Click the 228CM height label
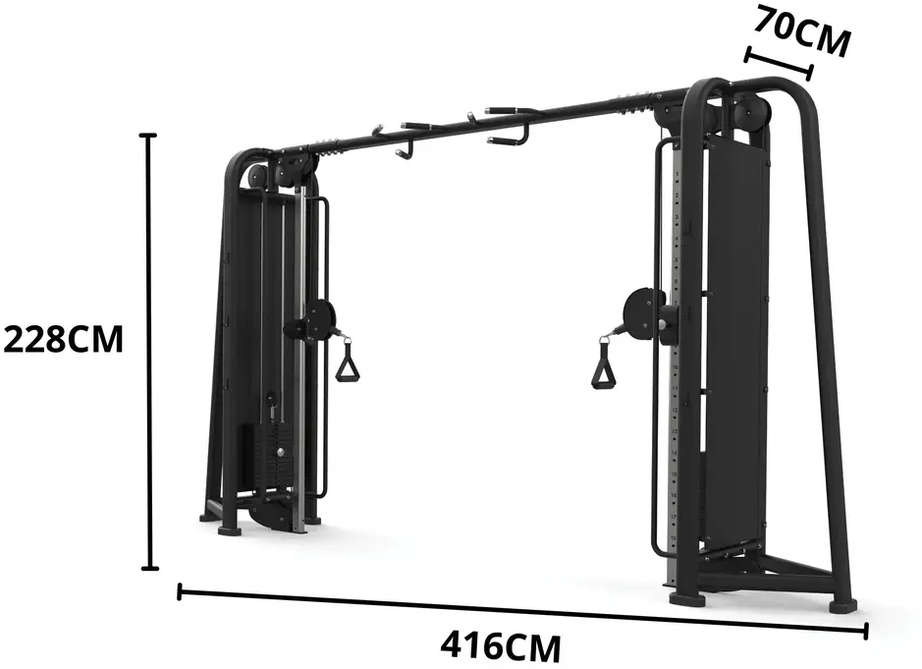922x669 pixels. coord(64,340)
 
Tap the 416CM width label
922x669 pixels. coord(501,646)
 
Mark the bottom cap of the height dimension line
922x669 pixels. coord(150,569)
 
